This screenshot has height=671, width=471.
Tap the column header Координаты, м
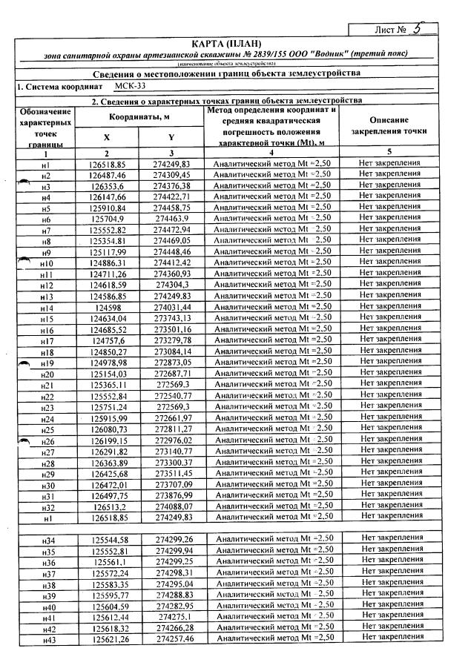click(x=142, y=117)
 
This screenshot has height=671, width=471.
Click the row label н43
click(x=50, y=638)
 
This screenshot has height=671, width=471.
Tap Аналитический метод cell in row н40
click(x=271, y=605)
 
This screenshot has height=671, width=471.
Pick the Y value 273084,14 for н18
click(x=172, y=351)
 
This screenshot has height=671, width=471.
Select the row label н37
click(x=50, y=572)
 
